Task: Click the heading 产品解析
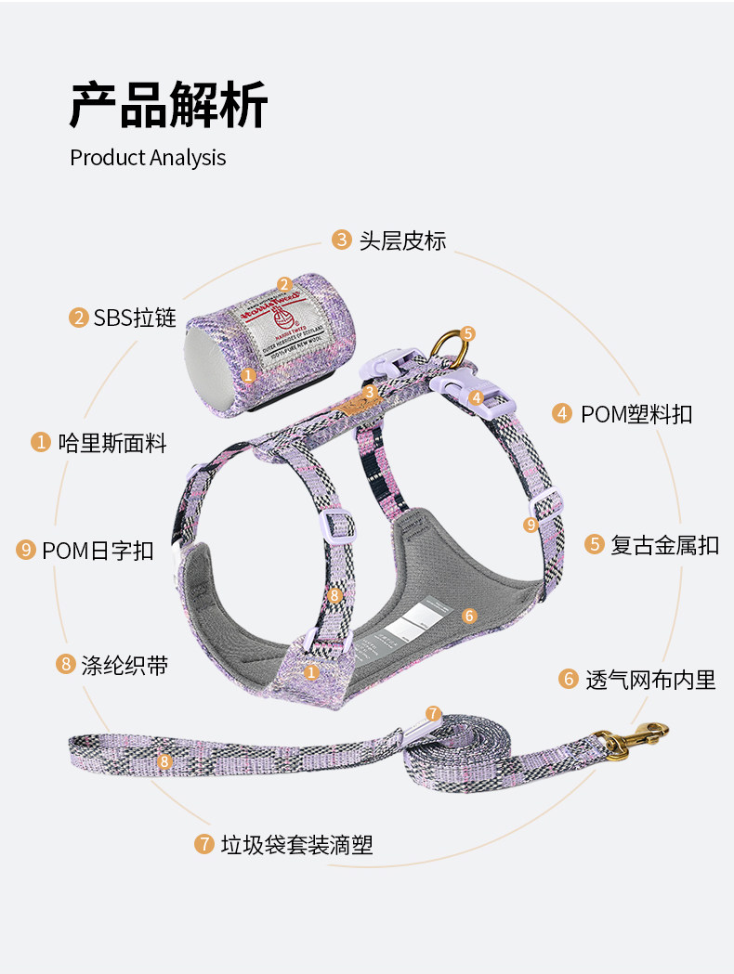[168, 104]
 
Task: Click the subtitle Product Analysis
[148, 157]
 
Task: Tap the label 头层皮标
[402, 240]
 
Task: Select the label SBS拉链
[135, 318]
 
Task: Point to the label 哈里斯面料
[111, 442]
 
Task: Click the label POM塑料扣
[636, 413]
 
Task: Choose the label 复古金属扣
[664, 544]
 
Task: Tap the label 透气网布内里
[650, 679]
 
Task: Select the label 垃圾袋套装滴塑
[296, 844]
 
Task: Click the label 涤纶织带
[125, 664]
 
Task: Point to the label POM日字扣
[98, 550]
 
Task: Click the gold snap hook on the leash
[640, 738]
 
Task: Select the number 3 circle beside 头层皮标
[342, 240]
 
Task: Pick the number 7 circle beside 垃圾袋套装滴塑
[204, 844]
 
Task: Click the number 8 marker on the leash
[164, 762]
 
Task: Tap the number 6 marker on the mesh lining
[469, 616]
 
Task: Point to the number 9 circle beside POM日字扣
[26, 550]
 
